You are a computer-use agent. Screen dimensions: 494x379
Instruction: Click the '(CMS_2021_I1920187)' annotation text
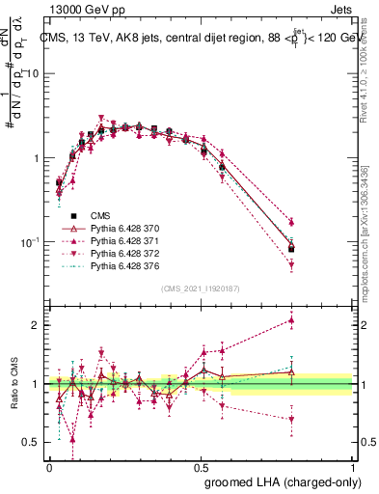pyautogui.click(x=201, y=287)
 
